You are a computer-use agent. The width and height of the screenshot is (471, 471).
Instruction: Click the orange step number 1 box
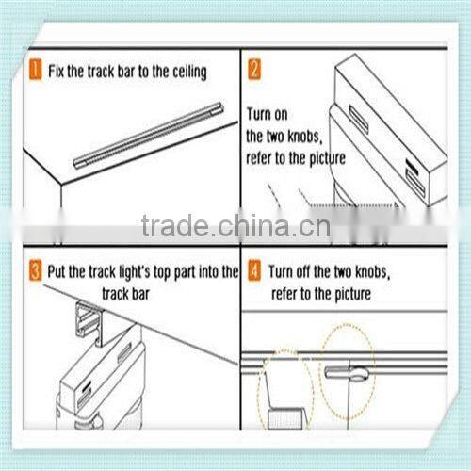pos(35,71)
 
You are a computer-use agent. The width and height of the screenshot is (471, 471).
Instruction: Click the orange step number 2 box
pos(254,71)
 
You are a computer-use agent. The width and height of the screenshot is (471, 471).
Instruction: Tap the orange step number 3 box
pos(35,273)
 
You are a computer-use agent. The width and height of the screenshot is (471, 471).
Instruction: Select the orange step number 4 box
pos(254,273)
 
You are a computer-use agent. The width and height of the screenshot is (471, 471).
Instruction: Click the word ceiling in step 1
pos(184,72)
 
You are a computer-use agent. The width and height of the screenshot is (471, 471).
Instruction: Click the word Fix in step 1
pos(57,72)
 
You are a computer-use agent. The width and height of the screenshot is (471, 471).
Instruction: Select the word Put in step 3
pos(59,273)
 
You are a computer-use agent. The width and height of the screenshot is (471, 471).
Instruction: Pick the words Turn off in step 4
pos(296,273)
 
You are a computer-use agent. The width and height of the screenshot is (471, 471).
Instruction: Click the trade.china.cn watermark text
pos(235,226)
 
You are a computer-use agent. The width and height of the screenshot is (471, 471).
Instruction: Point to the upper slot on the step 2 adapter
pos(359,119)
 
